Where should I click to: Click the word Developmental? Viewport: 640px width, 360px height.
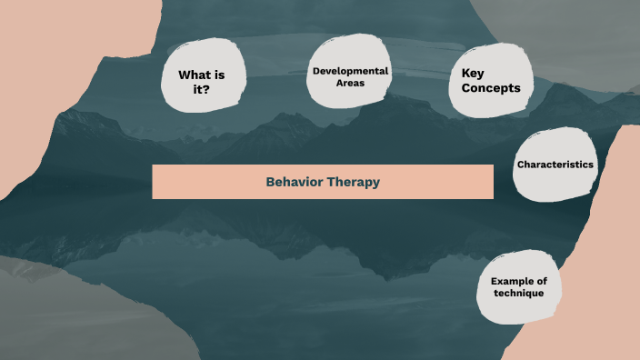[x=350, y=71]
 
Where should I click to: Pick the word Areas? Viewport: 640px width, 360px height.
[x=350, y=84]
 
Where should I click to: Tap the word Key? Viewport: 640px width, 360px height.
[x=474, y=74]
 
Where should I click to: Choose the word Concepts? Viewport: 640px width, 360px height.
[x=491, y=88]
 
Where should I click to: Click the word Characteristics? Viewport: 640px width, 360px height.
[x=555, y=165]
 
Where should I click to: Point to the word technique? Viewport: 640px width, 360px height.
[x=517, y=294]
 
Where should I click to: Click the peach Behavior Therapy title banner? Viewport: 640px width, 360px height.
[x=182, y=182]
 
